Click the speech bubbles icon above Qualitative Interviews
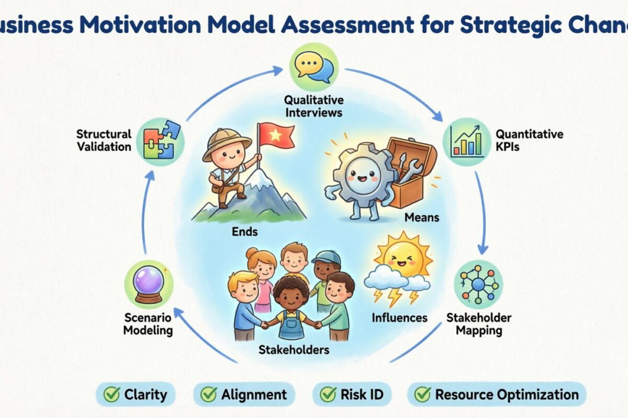point(314,68)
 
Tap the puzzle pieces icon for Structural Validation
point(158,140)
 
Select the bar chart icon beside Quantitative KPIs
point(466,140)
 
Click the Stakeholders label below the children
point(294,350)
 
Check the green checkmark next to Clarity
point(111,394)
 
